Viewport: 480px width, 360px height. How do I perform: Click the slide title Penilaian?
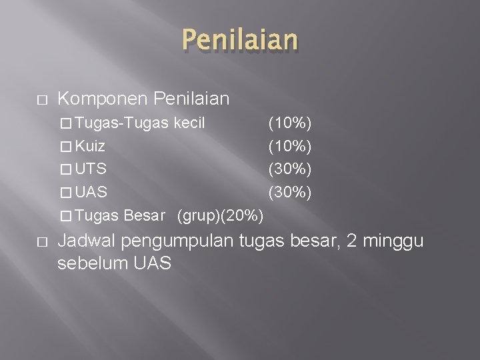point(239,40)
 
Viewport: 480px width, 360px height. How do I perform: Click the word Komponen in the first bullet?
point(103,100)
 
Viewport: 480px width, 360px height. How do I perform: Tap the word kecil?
point(189,123)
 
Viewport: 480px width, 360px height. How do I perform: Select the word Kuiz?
point(90,146)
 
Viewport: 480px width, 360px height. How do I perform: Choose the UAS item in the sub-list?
point(91,192)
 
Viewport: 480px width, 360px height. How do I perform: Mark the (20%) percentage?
point(243,215)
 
